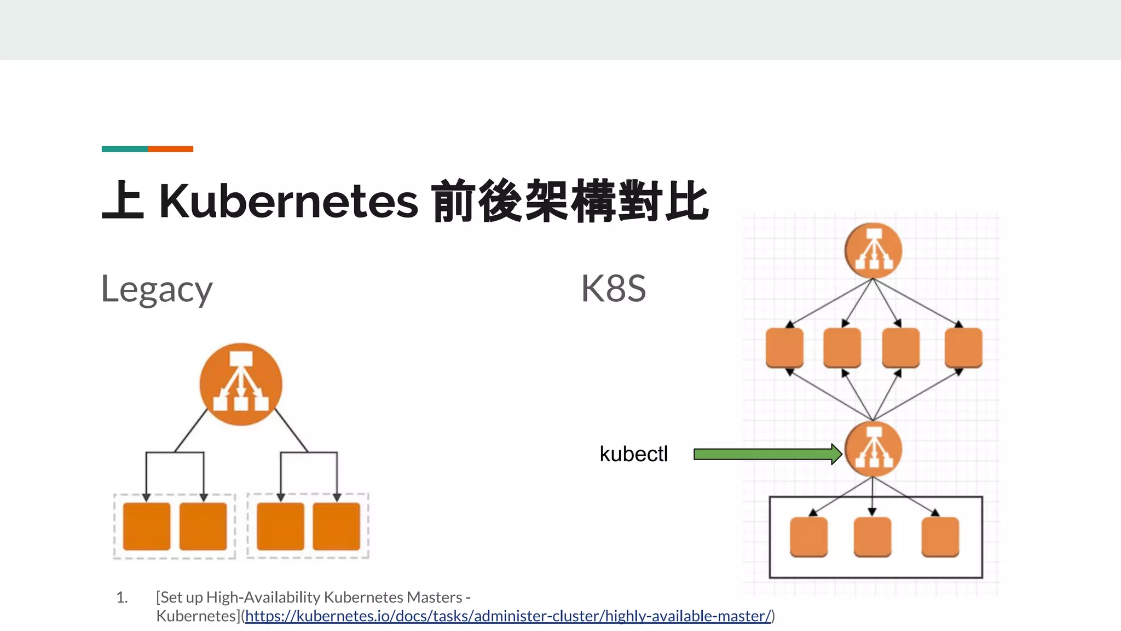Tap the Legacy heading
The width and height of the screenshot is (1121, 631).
pyautogui.click(x=157, y=289)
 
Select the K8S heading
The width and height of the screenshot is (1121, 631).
pyautogui.click(x=613, y=289)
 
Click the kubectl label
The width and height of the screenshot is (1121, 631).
pyautogui.click(x=633, y=454)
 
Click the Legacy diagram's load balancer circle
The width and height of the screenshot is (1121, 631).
pyautogui.click(x=241, y=384)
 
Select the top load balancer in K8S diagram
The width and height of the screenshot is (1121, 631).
pyautogui.click(x=873, y=251)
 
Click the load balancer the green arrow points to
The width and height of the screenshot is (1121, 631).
pyautogui.click(x=873, y=449)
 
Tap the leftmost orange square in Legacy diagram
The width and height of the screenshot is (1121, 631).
pyautogui.click(x=146, y=526)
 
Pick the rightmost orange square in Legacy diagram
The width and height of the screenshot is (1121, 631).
pyautogui.click(x=336, y=526)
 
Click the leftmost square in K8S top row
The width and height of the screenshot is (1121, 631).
pyautogui.click(x=784, y=347)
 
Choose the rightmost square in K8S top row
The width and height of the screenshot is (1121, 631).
pyautogui.click(x=963, y=347)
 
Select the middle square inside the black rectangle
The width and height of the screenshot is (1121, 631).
pyautogui.click(x=872, y=537)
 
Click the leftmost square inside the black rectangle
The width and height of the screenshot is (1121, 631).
pyautogui.click(x=808, y=537)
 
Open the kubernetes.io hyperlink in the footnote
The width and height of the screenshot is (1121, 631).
pyautogui.click(x=508, y=616)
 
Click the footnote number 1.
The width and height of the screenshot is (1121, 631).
pyautogui.click(x=122, y=598)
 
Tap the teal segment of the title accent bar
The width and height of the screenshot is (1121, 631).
pyautogui.click(x=124, y=149)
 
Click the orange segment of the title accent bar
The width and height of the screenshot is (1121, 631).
pyautogui.click(x=170, y=149)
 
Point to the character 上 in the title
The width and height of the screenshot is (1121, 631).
pyautogui.click(x=123, y=201)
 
